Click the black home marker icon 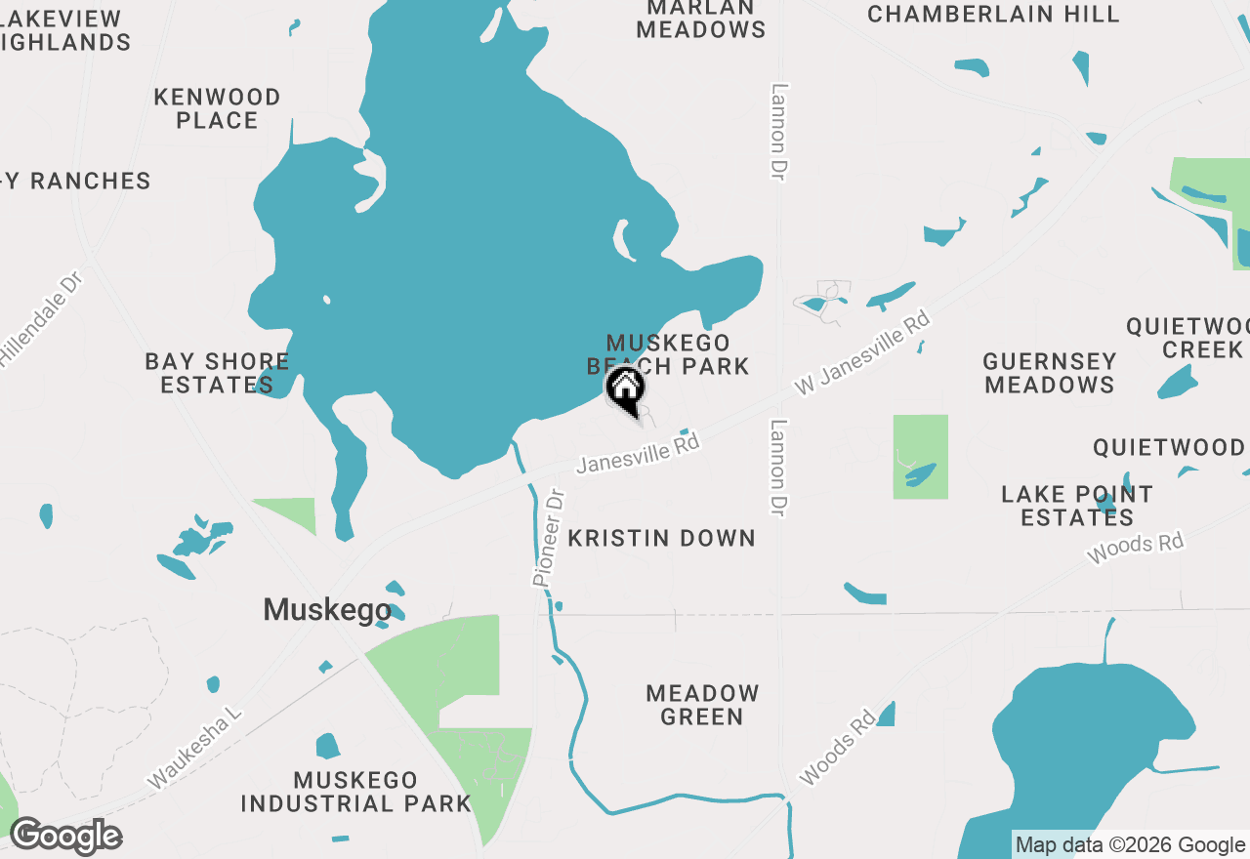click(625, 388)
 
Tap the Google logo click(65, 837)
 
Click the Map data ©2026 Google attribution click(1130, 845)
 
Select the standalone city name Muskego click(327, 610)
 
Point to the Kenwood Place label click(217, 108)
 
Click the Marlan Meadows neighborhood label click(700, 19)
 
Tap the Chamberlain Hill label click(993, 14)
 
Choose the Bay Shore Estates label click(217, 373)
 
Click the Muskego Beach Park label click(668, 354)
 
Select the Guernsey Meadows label click(1049, 373)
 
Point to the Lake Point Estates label click(1077, 506)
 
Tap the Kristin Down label click(661, 538)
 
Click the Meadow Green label click(702, 705)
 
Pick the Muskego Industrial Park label click(355, 792)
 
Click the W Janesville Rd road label click(859, 353)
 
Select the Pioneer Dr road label click(549, 538)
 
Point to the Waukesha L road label click(194, 749)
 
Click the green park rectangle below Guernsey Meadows click(920, 457)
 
